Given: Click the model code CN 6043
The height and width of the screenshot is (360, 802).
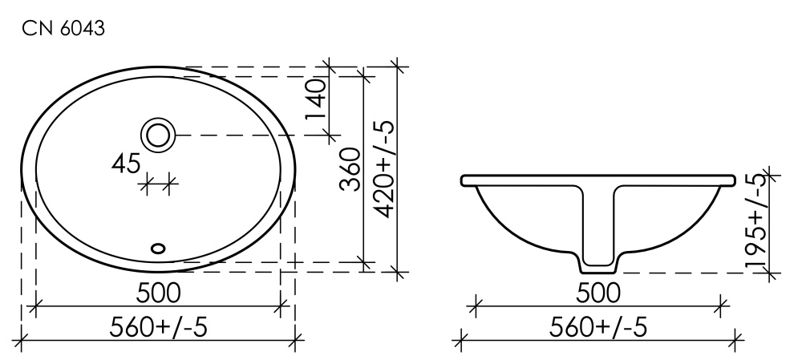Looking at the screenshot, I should [63, 29].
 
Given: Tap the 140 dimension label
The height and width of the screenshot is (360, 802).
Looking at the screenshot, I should [316, 99].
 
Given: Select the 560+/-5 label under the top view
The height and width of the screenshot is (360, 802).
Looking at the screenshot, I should [158, 327].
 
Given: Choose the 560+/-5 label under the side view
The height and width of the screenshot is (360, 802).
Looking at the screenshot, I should [597, 327].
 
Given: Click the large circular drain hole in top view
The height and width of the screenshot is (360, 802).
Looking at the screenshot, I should [158, 135].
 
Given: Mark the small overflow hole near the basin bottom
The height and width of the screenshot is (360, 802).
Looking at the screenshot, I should [158, 248].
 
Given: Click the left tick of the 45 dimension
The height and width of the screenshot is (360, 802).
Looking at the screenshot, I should [147, 185].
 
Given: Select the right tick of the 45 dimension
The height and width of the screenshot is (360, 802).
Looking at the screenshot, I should [168, 185].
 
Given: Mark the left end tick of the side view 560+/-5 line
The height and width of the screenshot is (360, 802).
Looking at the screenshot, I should [460, 340].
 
